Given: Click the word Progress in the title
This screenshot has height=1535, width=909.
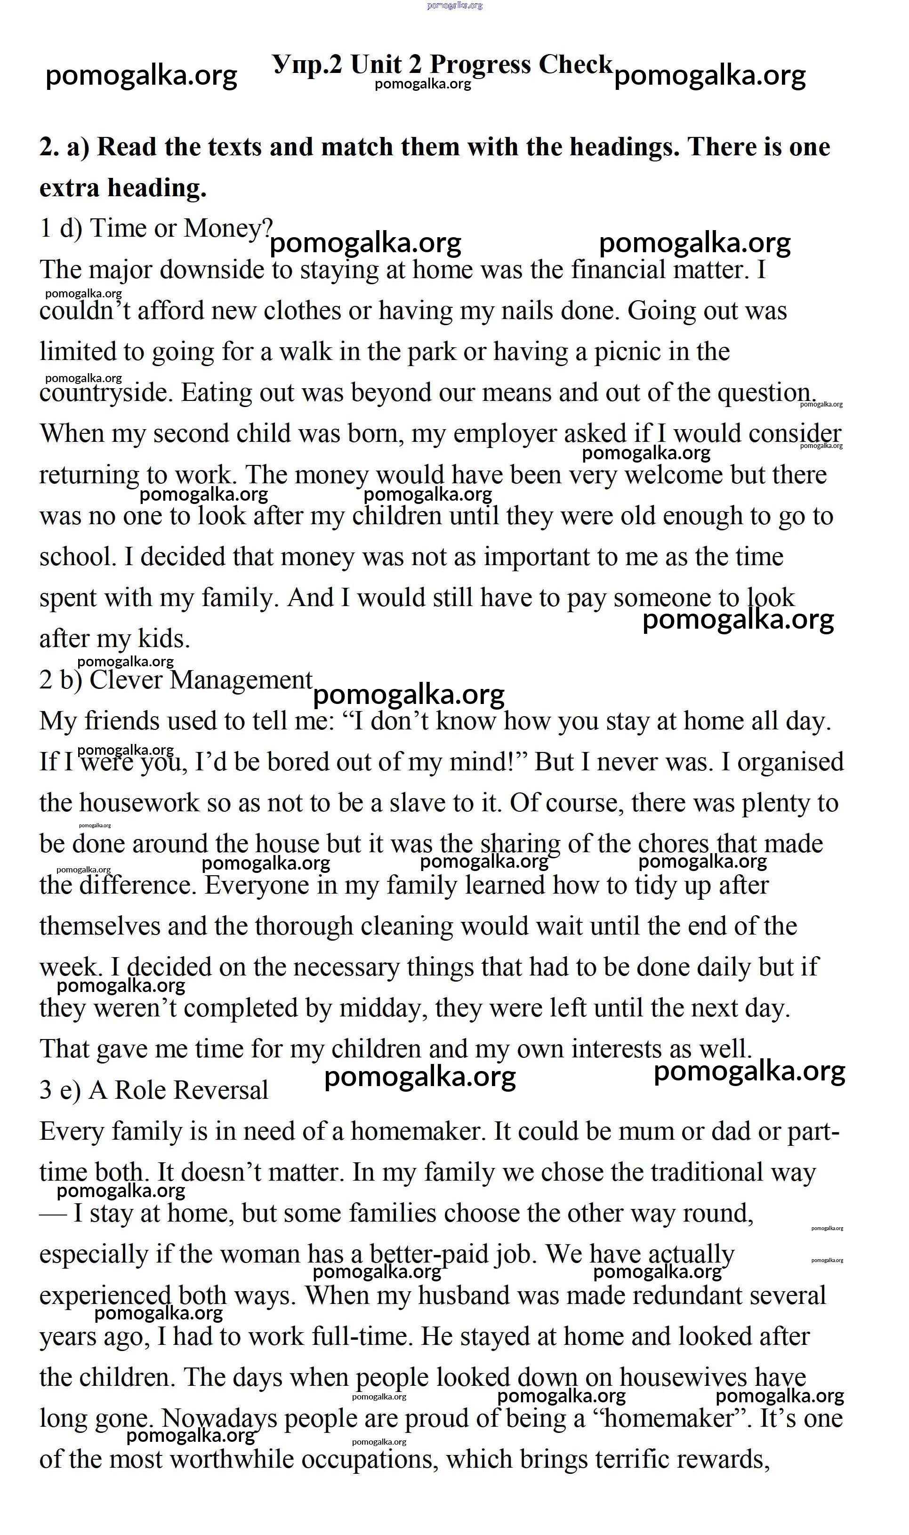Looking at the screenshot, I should [480, 65].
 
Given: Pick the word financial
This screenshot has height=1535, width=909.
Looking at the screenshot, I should [618, 270].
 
